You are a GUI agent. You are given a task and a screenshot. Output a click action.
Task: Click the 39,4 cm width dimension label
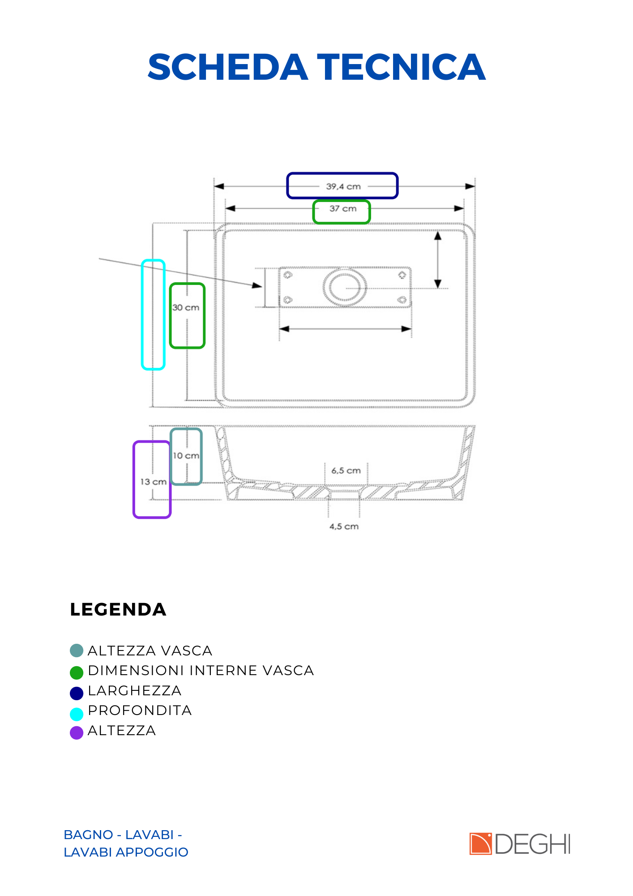point(343,186)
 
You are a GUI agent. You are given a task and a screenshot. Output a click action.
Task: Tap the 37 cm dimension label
point(343,208)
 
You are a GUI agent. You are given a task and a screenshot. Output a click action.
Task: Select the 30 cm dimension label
point(186,307)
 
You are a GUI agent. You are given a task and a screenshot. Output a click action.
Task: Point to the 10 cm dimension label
point(186,456)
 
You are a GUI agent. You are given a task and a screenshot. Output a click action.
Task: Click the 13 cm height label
point(154,482)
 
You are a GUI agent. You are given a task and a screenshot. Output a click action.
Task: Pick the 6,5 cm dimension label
point(346,470)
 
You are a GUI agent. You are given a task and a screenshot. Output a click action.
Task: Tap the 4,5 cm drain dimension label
point(344,526)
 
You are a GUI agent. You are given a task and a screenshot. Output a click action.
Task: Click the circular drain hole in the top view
point(345,287)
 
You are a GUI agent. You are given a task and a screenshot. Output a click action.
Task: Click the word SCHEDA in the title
point(228,67)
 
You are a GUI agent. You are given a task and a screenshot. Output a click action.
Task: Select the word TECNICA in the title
point(402,67)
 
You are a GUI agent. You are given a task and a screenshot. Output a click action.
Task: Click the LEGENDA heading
point(118,610)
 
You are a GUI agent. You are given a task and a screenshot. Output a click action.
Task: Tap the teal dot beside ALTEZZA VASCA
point(77,650)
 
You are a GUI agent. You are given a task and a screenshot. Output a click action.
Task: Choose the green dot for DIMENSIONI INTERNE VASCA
point(77,672)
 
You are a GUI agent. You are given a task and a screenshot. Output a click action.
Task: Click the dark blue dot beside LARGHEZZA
point(77,693)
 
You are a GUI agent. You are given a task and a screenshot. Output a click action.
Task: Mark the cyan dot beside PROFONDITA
point(77,714)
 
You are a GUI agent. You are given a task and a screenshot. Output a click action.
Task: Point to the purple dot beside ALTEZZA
point(77,732)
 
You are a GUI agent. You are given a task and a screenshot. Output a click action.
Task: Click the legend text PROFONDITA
point(140,711)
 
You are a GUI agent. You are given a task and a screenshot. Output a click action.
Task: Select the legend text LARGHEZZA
point(135,691)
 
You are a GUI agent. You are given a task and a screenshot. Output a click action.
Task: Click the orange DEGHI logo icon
point(481,844)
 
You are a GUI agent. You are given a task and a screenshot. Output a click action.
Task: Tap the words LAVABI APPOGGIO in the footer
point(126,852)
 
